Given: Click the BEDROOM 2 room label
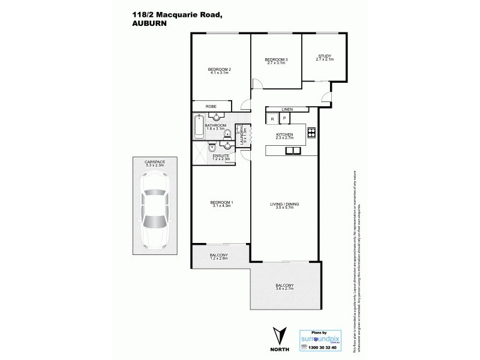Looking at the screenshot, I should [220, 70].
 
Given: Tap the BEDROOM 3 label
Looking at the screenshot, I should [277, 59].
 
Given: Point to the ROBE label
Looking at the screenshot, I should [211, 106].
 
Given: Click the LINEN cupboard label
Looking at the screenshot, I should [287, 110].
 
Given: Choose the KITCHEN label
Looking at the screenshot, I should [284, 134].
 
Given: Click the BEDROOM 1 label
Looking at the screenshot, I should [221, 203].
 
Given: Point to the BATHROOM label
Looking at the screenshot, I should [216, 125].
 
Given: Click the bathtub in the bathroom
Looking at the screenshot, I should [199, 127].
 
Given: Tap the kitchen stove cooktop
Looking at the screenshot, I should [312, 132].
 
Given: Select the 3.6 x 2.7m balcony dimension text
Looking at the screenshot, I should [284, 289].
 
